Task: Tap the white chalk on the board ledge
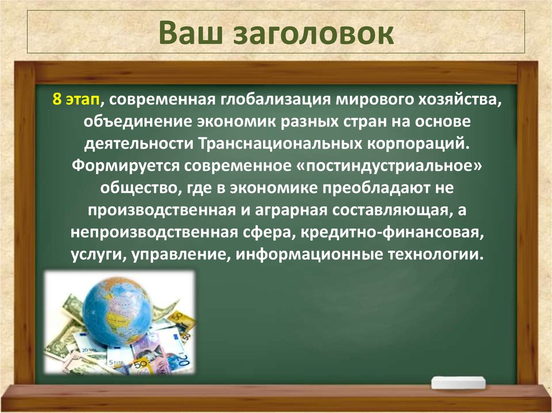click(x=458, y=383)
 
